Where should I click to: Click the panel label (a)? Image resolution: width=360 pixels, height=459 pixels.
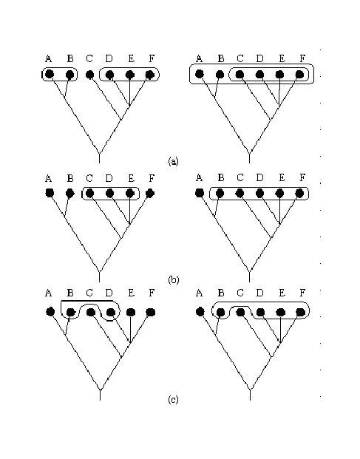(173, 161)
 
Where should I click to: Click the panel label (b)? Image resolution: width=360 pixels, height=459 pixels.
(173, 280)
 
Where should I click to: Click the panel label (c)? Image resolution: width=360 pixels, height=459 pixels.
(173, 400)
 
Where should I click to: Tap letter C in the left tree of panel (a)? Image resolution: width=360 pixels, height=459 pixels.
(89, 59)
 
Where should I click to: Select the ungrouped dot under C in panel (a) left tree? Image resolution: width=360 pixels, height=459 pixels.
(90, 75)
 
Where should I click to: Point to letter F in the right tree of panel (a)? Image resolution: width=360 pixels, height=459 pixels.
(302, 58)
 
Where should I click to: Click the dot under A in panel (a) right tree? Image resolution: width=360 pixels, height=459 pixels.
(200, 74)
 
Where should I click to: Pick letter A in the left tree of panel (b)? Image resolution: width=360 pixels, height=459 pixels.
(49, 178)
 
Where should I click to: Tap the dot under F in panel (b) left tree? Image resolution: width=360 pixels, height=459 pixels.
(150, 193)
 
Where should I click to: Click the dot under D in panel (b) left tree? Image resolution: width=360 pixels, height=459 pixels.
(109, 193)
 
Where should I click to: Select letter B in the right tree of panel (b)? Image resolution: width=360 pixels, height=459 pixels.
(221, 177)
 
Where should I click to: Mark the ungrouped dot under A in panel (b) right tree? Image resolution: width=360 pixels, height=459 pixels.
(200, 193)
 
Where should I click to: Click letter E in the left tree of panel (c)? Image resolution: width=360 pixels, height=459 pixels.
(131, 293)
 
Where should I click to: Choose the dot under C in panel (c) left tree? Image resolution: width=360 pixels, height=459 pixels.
(91, 313)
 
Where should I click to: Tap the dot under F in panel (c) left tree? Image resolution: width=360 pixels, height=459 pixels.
(151, 313)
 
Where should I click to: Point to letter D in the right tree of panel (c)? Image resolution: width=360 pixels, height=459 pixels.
(259, 293)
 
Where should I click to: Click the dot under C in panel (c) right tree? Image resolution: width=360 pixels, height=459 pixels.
(240, 313)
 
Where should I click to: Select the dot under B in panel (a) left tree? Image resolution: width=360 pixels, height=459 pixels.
(70, 75)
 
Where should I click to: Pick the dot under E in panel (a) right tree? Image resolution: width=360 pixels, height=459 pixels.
(280, 75)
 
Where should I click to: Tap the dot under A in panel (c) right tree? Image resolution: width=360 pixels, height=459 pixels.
(200, 312)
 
